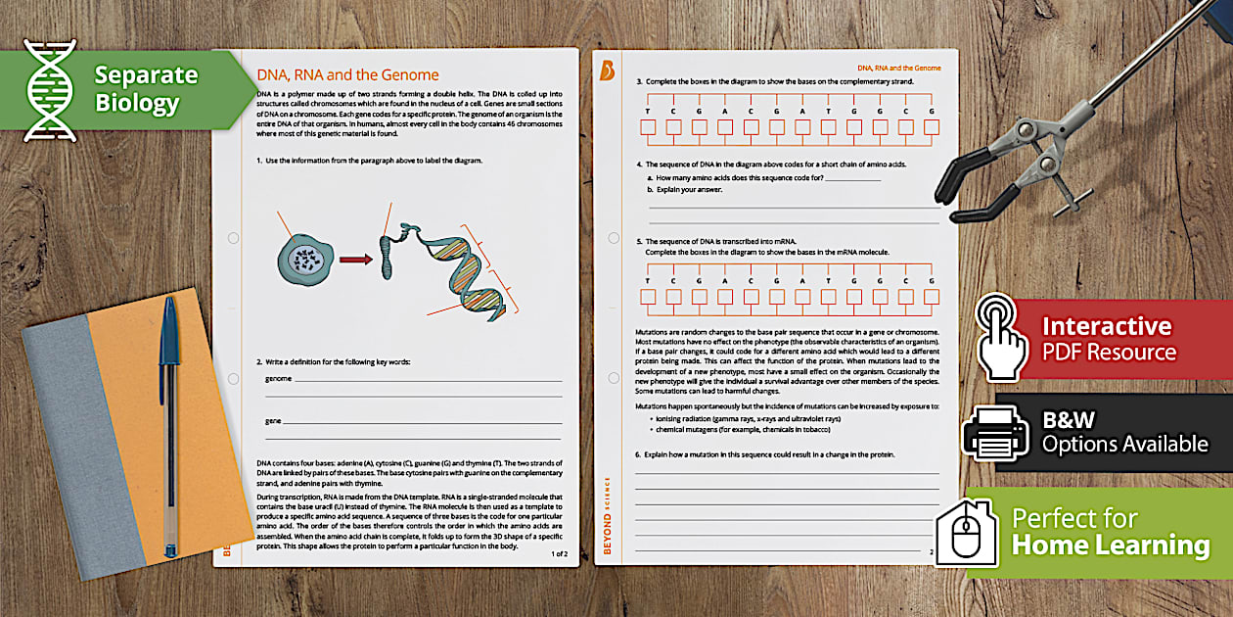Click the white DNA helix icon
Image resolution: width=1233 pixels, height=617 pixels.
(x=50, y=90)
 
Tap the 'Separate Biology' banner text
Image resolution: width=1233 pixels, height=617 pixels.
(x=145, y=89)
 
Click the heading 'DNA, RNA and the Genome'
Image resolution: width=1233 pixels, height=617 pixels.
(x=347, y=74)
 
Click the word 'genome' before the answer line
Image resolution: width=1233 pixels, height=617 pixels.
(x=279, y=378)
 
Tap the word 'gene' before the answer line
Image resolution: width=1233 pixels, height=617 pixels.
(x=273, y=421)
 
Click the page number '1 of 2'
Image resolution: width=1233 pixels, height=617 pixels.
(x=559, y=553)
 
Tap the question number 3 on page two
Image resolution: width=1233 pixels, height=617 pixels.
(x=639, y=81)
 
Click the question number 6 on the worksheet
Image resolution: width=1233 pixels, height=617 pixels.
(x=638, y=454)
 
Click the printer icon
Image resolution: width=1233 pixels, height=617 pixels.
(x=994, y=432)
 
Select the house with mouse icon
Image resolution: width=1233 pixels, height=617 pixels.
(x=965, y=531)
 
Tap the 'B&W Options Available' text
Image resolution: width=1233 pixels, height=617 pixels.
(x=1123, y=432)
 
